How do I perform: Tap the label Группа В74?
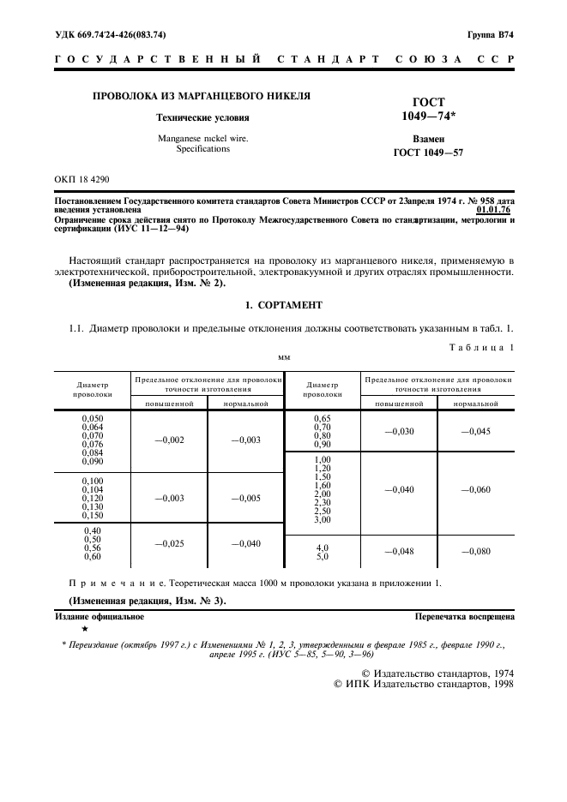coord(490,35)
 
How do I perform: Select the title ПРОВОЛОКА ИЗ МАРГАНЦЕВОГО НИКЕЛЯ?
coord(190,97)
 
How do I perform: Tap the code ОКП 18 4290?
coord(82,178)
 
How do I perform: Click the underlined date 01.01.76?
coord(494,208)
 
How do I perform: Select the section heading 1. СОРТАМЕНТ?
coord(283,304)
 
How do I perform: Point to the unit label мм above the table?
coord(283,357)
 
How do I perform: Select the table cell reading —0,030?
coord(399,431)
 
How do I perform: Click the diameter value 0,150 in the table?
coord(92,516)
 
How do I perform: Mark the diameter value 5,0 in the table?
coord(322,556)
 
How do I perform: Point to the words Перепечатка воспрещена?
coord(463,616)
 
